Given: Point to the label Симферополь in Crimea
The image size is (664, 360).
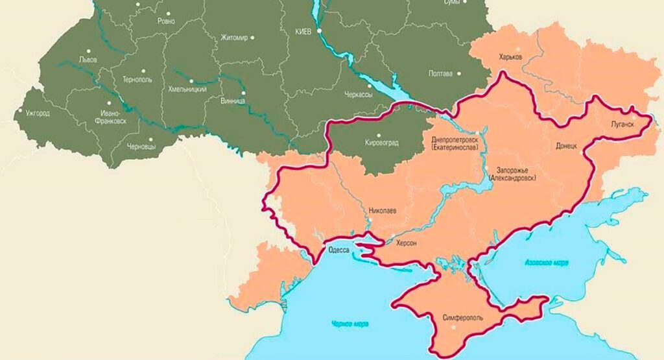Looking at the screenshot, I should coord(462,318).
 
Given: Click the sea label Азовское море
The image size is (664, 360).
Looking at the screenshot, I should coord(545,263).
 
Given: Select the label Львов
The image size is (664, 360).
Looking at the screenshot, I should coord(88,59).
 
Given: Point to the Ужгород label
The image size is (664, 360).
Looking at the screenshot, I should coord(38,112).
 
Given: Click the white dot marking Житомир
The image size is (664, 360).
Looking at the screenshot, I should coord(254,38).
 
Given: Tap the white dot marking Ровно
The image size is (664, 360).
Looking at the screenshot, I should coord(169,12).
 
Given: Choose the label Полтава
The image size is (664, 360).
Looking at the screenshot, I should coord(441,73).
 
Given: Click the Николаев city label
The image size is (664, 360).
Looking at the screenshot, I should coord(382,211).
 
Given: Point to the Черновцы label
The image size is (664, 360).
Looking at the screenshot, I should coord(141,147).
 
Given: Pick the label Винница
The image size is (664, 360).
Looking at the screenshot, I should coord(233,102).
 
